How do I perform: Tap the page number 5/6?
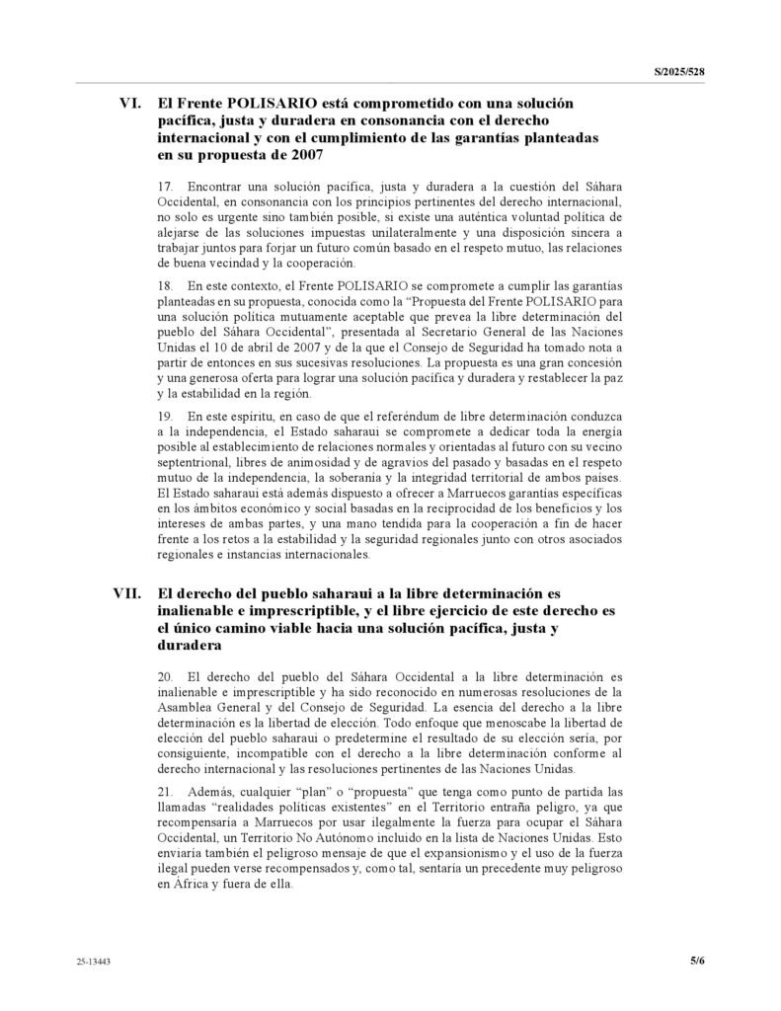(697, 959)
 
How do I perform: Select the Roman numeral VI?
(132, 102)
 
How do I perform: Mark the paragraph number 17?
(165, 186)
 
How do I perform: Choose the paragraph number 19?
(165, 420)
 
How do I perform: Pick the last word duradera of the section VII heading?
(194, 647)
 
